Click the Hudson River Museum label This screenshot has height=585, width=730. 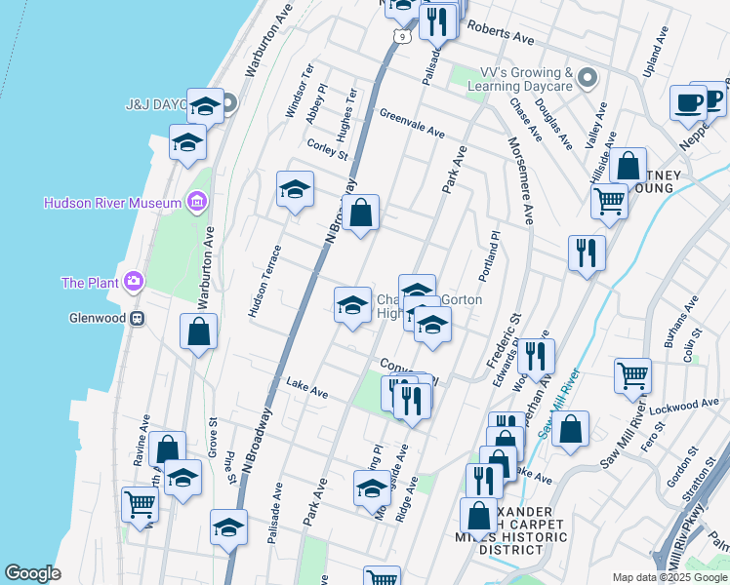tap(112, 203)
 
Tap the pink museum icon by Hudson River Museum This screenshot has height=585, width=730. tap(196, 203)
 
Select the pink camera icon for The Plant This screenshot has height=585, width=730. tap(134, 283)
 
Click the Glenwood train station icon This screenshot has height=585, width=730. tap(138, 318)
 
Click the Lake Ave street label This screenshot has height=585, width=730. tap(306, 389)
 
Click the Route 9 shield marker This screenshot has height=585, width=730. tap(401, 37)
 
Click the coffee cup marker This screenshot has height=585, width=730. tap(688, 102)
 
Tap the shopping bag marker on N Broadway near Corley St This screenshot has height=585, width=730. tap(360, 213)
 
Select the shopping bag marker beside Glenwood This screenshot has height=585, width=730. tap(199, 331)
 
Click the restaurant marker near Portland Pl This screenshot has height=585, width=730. tap(587, 253)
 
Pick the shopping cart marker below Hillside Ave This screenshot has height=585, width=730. tap(610, 202)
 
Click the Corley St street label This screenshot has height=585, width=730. tap(327, 149)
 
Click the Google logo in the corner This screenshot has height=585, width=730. tap(32, 573)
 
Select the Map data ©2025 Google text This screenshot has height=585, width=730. tap(669, 577)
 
